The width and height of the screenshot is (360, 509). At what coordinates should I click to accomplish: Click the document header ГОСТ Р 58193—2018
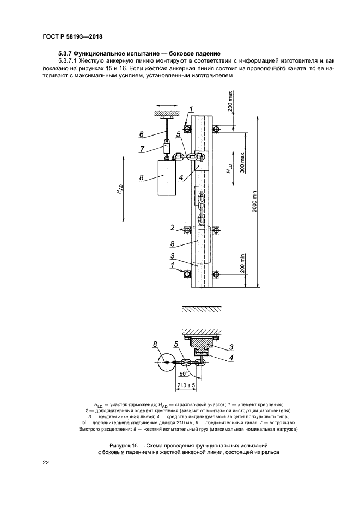tap(72, 37)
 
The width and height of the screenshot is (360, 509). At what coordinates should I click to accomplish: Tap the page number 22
tap(45, 463)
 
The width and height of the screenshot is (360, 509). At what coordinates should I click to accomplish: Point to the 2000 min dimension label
tap(255, 201)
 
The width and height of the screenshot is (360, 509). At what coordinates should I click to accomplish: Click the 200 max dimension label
tap(230, 102)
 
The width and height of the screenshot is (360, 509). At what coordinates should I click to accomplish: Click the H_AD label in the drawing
tap(120, 189)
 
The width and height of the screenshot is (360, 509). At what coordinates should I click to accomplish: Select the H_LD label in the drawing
tap(229, 168)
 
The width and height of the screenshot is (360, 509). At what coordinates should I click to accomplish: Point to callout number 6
tap(141, 134)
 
